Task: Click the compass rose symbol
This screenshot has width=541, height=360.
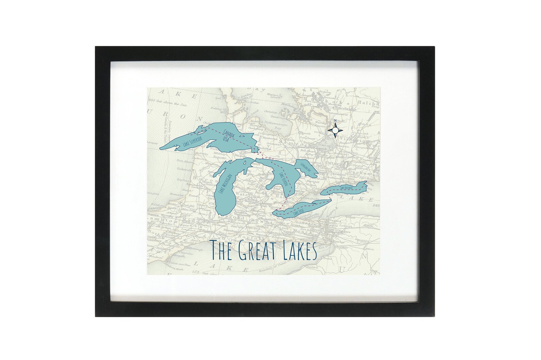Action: pyautogui.click(x=335, y=130)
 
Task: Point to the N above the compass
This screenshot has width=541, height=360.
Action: pyautogui.click(x=335, y=121)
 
